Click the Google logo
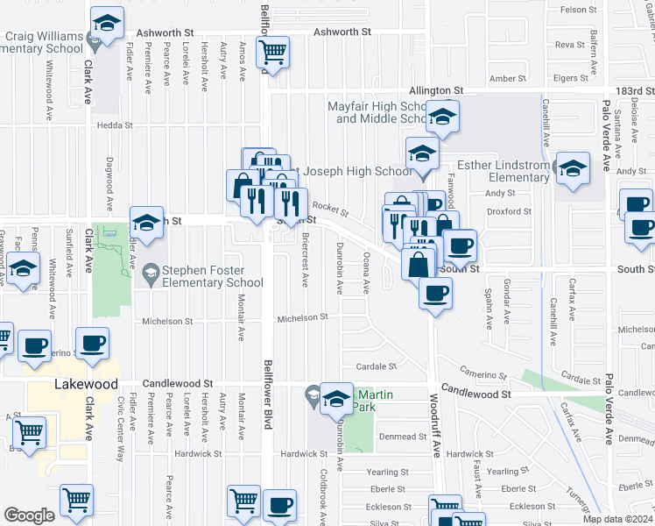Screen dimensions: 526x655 point(30,515)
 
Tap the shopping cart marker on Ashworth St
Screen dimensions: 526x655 point(272,53)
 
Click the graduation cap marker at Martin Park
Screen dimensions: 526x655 point(335,400)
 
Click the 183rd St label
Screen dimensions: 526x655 point(633,90)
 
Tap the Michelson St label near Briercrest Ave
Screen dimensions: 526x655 point(303,317)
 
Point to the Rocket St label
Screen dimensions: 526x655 point(331,210)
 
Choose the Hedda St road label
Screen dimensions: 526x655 point(114,125)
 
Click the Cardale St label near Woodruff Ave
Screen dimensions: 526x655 point(376,366)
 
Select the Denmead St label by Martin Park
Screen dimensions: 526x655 point(402,436)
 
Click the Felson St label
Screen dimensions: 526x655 point(578,10)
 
